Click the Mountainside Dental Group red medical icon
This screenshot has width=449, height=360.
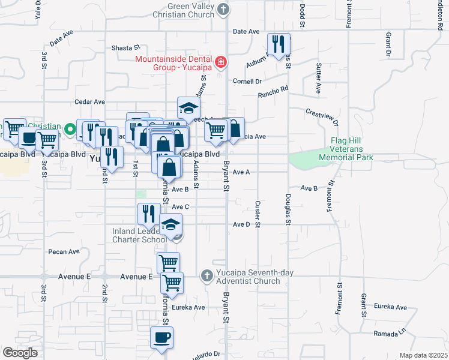(221, 62)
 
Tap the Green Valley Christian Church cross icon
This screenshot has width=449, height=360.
(223, 9)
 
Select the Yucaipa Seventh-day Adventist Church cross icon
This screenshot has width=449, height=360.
(206, 275)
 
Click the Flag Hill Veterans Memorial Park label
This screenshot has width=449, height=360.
(351, 149)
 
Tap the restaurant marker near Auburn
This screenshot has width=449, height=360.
(279, 44)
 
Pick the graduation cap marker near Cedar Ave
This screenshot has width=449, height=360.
(188, 109)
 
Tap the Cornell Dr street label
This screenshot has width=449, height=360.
(248, 81)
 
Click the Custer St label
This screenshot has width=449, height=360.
(258, 214)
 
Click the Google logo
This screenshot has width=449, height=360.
(20, 353)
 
